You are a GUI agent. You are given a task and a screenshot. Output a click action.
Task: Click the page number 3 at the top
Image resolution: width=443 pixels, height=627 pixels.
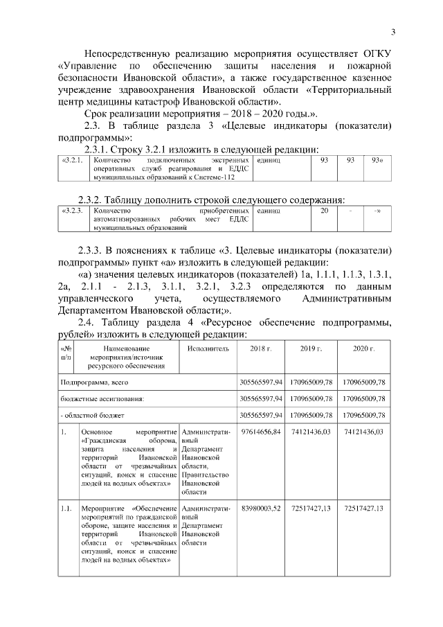click(393, 31)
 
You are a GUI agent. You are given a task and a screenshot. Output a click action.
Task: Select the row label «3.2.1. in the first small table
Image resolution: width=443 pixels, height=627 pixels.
click(73, 160)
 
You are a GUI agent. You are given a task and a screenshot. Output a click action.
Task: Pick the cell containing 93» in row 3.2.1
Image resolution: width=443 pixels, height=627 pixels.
click(377, 160)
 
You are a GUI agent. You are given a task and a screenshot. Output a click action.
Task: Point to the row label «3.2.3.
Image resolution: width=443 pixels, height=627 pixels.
click(73, 210)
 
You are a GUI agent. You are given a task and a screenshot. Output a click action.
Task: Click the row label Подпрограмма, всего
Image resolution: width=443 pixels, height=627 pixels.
click(94, 382)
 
